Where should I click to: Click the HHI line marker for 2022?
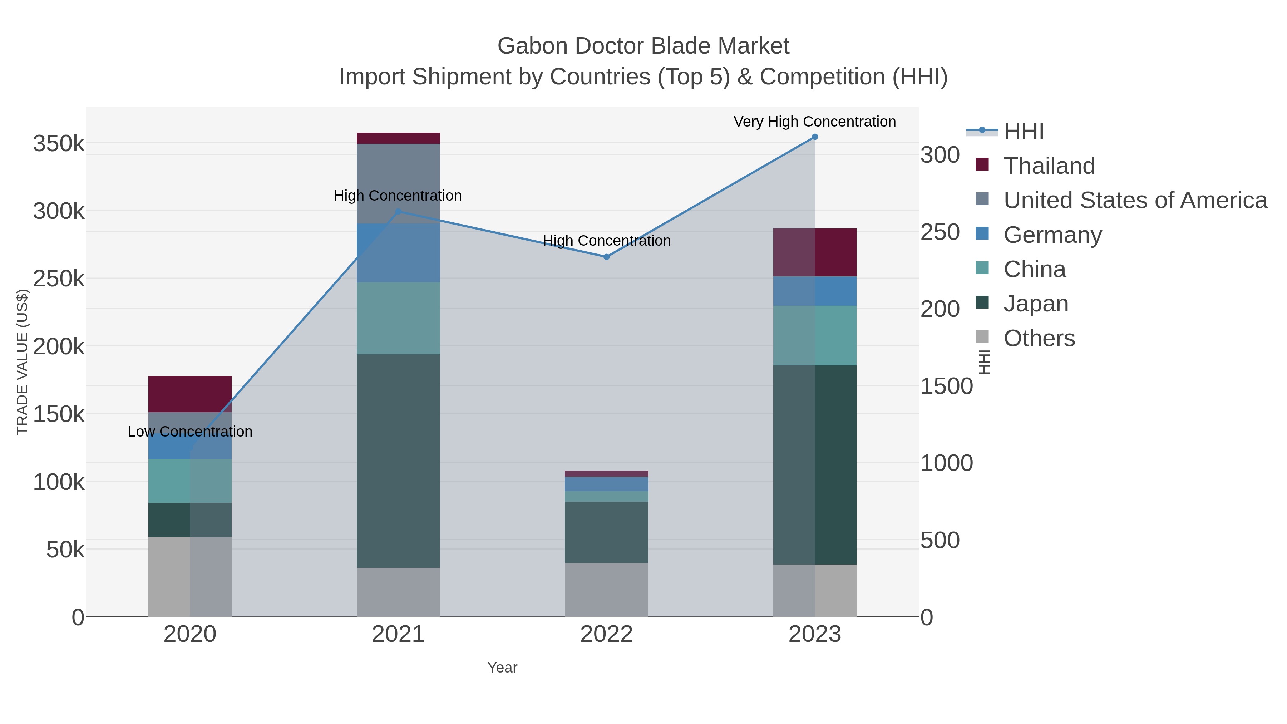[x=607, y=257]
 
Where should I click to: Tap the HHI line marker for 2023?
[x=815, y=137]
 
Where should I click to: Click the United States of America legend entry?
[x=1135, y=200]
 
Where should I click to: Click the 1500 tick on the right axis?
[x=946, y=386]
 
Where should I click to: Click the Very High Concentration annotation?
[x=814, y=122]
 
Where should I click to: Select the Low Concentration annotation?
[x=190, y=432]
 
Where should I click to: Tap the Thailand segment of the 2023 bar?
[x=815, y=252]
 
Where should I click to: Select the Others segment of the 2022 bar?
[x=607, y=590]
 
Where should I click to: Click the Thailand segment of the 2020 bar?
[x=190, y=394]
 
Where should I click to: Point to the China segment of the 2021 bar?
[x=398, y=318]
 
